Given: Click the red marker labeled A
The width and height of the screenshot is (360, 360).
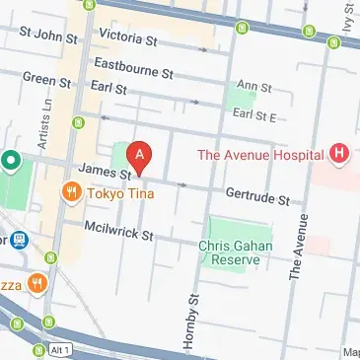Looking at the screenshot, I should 142,156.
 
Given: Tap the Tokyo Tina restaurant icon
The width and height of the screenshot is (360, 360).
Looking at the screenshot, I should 71,192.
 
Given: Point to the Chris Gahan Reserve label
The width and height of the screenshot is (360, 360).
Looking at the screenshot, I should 230,252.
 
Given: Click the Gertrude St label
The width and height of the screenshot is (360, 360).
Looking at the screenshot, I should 257,197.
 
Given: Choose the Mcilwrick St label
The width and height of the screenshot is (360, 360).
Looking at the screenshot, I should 120,235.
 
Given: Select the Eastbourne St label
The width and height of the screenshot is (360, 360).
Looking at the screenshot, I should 133,68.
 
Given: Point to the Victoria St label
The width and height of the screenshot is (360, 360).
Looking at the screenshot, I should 128,38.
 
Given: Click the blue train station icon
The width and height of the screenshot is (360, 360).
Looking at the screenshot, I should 18,240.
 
